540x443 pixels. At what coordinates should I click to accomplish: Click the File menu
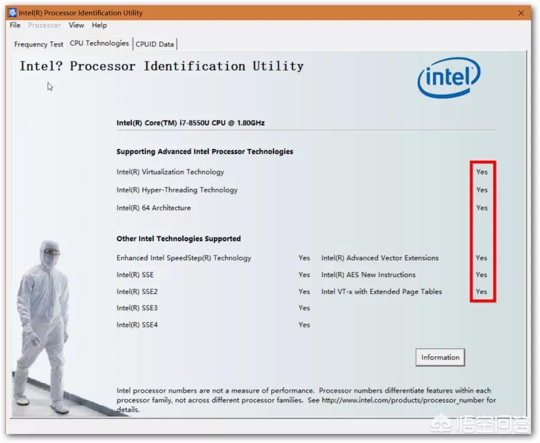coord(15,25)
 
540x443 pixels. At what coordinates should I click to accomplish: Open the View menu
coord(76,25)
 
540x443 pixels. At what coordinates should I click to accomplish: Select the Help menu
coord(99,25)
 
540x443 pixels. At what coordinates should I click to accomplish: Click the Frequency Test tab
coord(38,44)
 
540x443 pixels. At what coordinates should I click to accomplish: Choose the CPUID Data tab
coord(155,44)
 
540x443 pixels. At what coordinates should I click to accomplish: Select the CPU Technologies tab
coord(99,43)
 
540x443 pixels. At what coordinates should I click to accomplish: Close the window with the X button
coord(521,13)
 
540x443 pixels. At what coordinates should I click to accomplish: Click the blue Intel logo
coord(449,77)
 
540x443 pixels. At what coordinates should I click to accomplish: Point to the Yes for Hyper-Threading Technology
coord(482,190)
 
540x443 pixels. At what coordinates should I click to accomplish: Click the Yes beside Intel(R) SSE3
coord(304,308)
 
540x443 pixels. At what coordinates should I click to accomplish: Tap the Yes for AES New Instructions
coord(481,275)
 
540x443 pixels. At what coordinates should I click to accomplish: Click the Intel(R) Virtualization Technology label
coord(170,172)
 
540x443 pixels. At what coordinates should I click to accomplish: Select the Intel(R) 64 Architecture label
coord(154,208)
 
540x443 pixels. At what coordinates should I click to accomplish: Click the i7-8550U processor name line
coord(190,123)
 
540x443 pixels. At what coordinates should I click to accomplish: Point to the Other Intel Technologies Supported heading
coord(178,239)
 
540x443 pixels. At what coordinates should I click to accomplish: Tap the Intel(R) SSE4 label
coord(137,325)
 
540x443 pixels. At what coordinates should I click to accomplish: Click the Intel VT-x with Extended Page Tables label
coord(382,292)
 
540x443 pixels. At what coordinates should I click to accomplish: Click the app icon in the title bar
coord(13,13)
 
